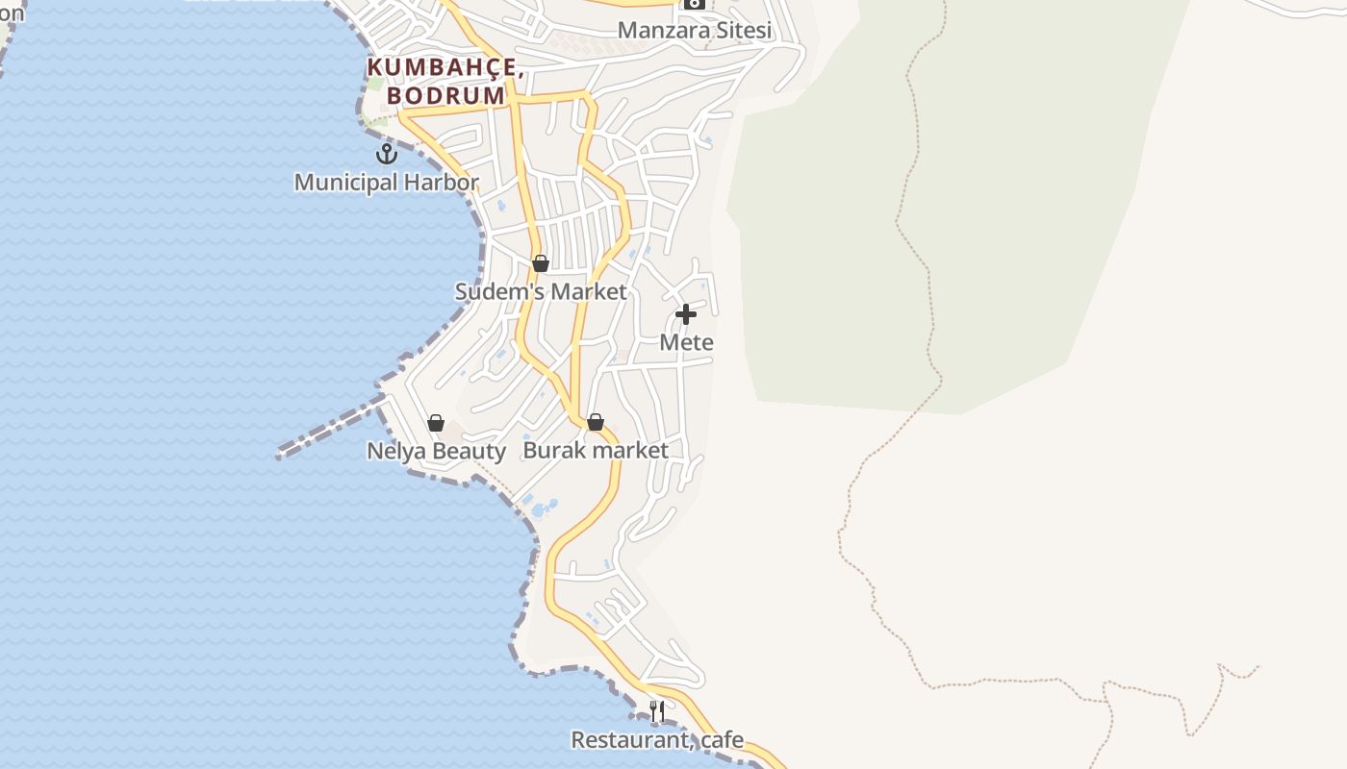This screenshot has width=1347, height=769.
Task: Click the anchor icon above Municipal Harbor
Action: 387,154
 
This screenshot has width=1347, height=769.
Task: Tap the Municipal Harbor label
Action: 386,182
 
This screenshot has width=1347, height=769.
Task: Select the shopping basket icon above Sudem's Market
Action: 541,263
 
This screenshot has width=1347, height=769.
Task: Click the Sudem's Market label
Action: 541,291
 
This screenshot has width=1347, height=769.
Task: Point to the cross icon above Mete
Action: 686,314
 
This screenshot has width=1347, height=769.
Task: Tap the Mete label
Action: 686,342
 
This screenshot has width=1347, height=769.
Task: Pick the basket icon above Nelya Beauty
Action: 436,423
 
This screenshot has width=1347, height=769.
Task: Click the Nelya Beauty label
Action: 436,451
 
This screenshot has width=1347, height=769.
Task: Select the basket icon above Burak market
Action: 596,422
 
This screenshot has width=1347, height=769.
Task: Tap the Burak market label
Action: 596,450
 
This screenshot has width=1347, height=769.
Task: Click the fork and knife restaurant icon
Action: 657,711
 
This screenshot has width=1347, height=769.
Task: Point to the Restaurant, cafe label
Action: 657,739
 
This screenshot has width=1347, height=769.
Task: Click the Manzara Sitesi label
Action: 695,30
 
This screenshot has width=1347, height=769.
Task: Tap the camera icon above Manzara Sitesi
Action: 695,4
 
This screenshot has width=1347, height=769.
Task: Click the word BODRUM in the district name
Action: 445,96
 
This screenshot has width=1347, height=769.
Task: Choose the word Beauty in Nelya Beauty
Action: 469,451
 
